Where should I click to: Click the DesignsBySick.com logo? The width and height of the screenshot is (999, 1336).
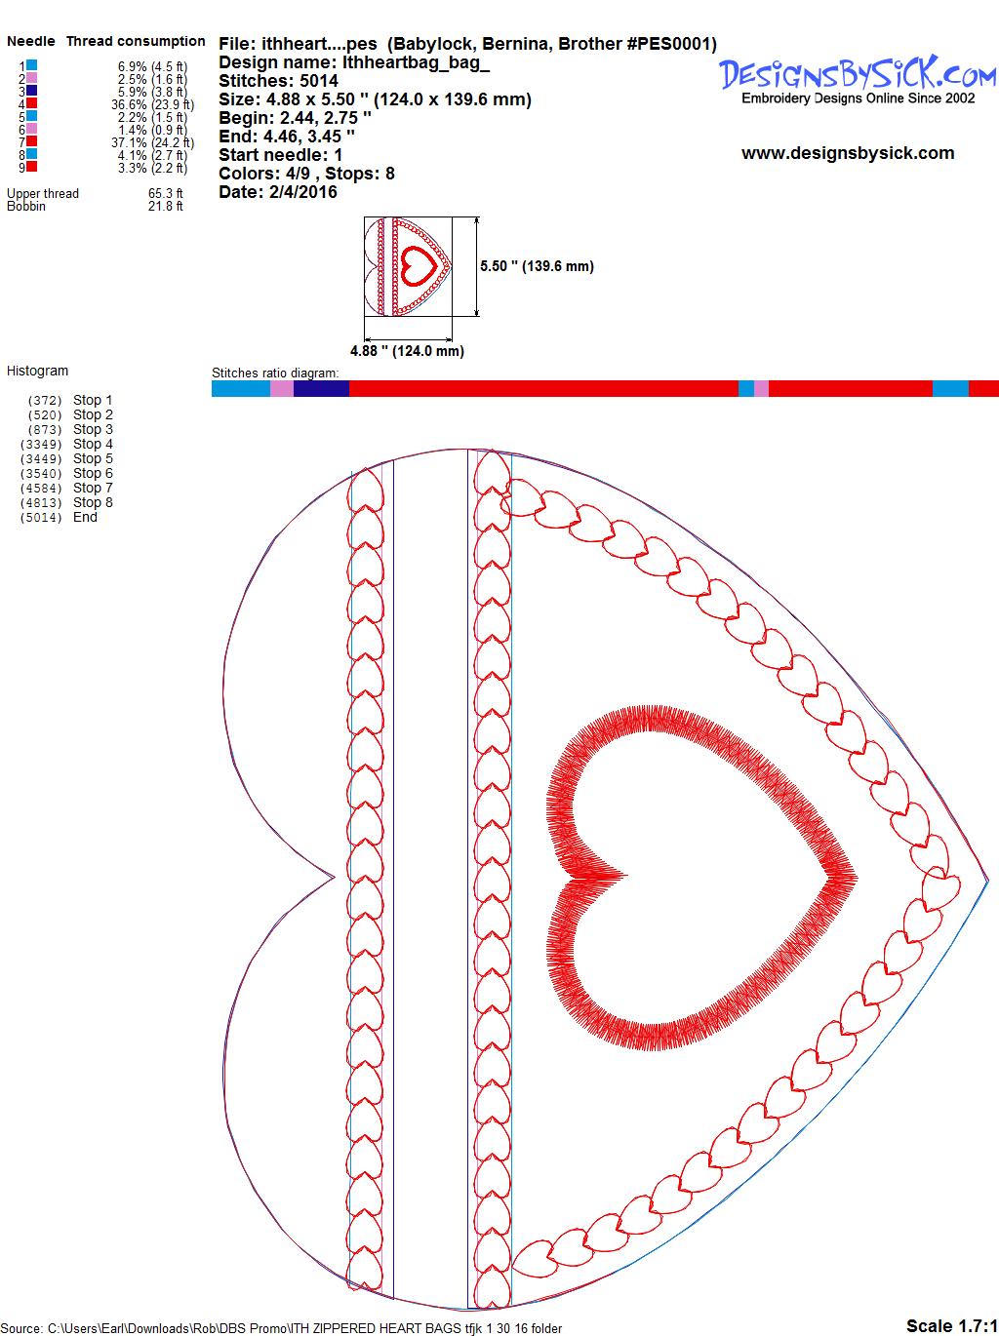point(858,80)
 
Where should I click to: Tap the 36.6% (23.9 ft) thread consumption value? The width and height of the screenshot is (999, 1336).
point(152,104)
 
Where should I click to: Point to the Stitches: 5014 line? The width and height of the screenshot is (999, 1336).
point(278,81)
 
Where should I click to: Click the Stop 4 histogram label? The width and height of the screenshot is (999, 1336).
point(93,444)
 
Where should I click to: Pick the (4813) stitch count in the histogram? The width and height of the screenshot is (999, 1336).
point(41,503)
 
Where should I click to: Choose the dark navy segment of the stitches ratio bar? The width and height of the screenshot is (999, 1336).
point(321,388)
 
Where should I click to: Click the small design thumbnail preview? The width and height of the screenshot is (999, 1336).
point(408,266)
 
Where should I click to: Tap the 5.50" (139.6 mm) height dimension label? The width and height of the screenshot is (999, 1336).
point(537,266)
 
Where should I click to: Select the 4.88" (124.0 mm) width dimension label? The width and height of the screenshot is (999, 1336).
point(407,351)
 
